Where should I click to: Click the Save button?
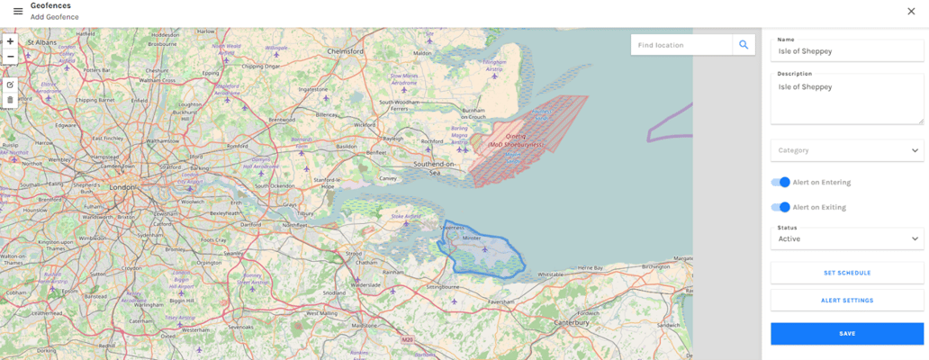tap(846, 334)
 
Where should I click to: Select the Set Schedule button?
tap(846, 273)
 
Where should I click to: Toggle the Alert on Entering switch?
tap(780, 183)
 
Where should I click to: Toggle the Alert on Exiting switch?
tap(780, 207)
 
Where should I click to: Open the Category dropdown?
tap(846, 150)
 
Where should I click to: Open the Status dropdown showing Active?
tap(846, 238)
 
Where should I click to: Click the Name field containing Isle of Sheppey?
tap(846, 51)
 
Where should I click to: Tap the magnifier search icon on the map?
tap(744, 45)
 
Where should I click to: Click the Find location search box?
tap(681, 45)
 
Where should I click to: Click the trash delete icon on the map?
tap(10, 100)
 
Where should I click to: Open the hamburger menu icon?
tap(18, 11)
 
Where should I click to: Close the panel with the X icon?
tap(911, 11)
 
